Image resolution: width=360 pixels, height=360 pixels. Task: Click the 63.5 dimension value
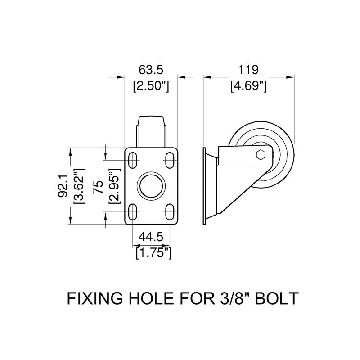pyautogui.click(x=151, y=70)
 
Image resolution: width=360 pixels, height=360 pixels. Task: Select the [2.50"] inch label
pyautogui.click(x=151, y=85)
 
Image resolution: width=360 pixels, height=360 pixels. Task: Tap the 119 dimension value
pyautogui.click(x=249, y=70)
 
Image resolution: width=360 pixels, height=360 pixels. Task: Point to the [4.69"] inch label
pyautogui.click(x=249, y=85)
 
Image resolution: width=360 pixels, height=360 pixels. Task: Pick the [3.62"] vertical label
pyautogui.click(x=79, y=186)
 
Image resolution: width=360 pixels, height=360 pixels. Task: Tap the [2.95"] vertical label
pyautogui.click(x=114, y=186)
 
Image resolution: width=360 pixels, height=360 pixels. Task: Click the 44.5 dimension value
pyautogui.click(x=153, y=237)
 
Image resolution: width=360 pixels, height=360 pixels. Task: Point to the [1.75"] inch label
pyautogui.click(x=153, y=252)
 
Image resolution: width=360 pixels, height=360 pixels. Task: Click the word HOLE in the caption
pyautogui.click(x=148, y=298)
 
